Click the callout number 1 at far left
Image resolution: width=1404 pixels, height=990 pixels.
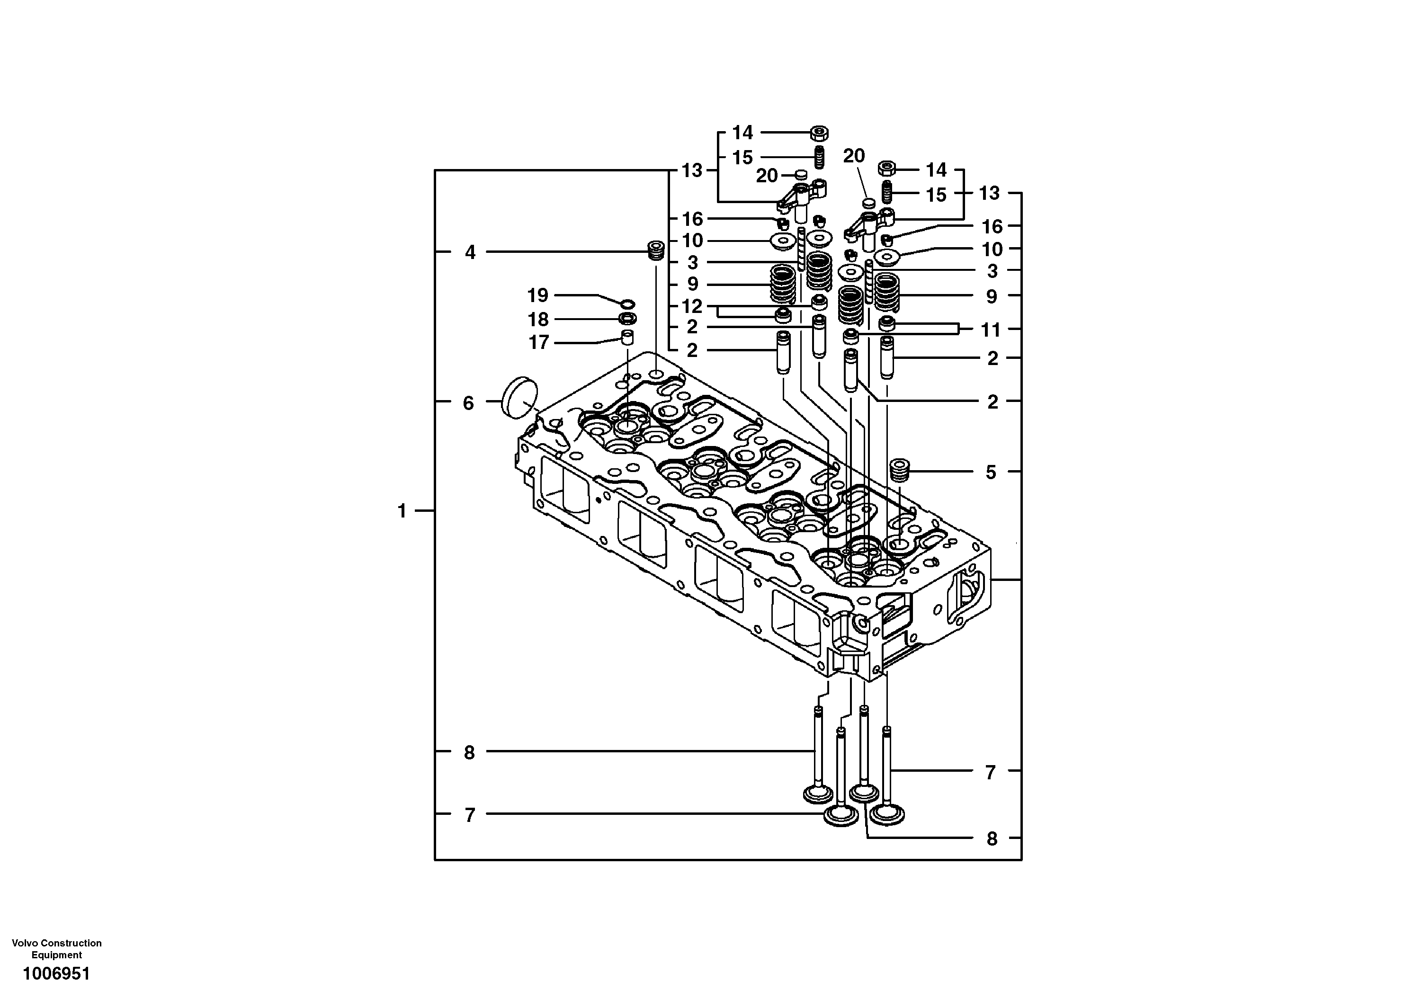[x=402, y=510]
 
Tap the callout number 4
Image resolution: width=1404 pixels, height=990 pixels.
[x=470, y=252]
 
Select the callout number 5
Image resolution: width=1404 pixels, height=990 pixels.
[x=991, y=472]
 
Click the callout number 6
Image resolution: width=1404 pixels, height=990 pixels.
[x=468, y=403]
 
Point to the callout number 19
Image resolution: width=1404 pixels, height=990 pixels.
[x=537, y=296]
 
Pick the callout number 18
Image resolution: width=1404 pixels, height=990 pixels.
[x=538, y=319]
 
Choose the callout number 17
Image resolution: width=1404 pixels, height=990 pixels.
[x=538, y=342]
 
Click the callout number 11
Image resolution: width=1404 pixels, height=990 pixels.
[x=990, y=330]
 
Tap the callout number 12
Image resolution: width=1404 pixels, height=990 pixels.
[x=692, y=306]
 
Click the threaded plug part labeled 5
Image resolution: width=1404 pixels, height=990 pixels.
[x=900, y=470]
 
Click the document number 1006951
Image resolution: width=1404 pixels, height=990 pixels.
[x=56, y=973]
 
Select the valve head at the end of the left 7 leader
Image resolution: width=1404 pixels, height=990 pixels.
[x=841, y=815]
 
